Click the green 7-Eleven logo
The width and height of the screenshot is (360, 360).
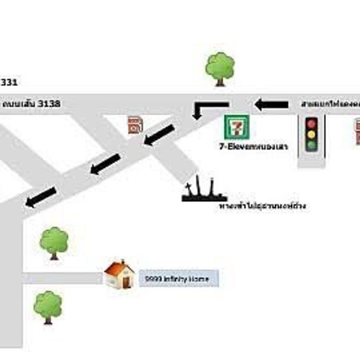coord(237,127)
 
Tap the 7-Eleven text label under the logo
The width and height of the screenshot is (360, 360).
coord(253,147)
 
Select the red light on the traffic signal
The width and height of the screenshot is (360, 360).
coord(312,123)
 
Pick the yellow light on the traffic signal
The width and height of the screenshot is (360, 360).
coord(312,134)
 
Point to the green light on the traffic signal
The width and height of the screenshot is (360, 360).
coord(312,144)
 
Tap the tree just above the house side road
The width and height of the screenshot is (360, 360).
coord(54,243)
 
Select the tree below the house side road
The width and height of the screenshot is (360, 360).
coord(48,307)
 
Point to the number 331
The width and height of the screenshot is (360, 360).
coord(9,83)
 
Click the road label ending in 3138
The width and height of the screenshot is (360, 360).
coord(32,104)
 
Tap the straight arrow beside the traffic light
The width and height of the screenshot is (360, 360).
coord(272,104)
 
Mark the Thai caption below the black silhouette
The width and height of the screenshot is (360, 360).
coord(262,206)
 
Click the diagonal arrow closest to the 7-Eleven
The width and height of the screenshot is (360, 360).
coord(160,135)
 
